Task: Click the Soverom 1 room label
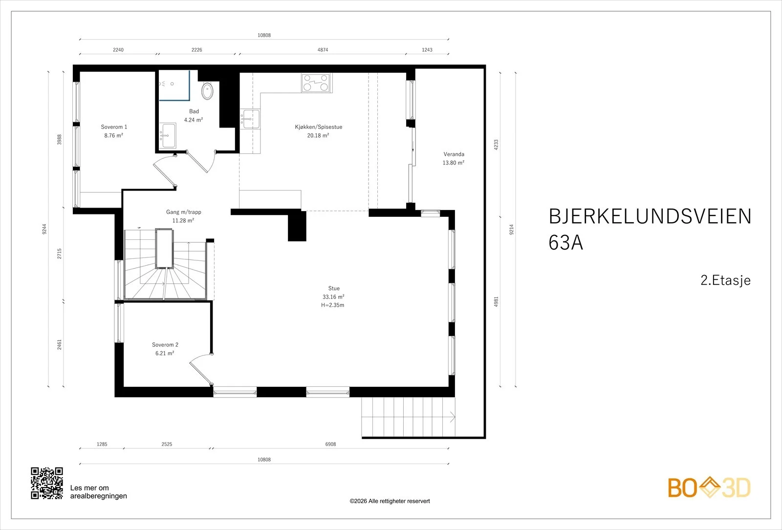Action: pos(114,127)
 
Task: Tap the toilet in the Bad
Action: pos(207,91)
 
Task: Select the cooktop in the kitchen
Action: pos(317,83)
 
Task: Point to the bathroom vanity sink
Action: pos(168,135)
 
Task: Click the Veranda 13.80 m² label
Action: pos(454,158)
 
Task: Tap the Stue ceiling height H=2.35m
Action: pos(333,305)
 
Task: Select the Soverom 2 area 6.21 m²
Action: pos(165,353)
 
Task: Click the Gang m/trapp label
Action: pos(184,212)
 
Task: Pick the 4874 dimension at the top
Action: pos(323,50)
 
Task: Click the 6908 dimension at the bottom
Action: pos(330,444)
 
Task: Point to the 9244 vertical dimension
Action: pos(44,229)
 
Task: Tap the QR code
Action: pos(47,483)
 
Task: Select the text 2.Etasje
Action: pos(725,280)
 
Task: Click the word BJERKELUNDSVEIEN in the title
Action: pos(650,216)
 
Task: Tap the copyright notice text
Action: pos(390,501)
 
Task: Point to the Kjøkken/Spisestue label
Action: pos(318,127)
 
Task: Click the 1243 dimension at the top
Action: pos(427,50)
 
